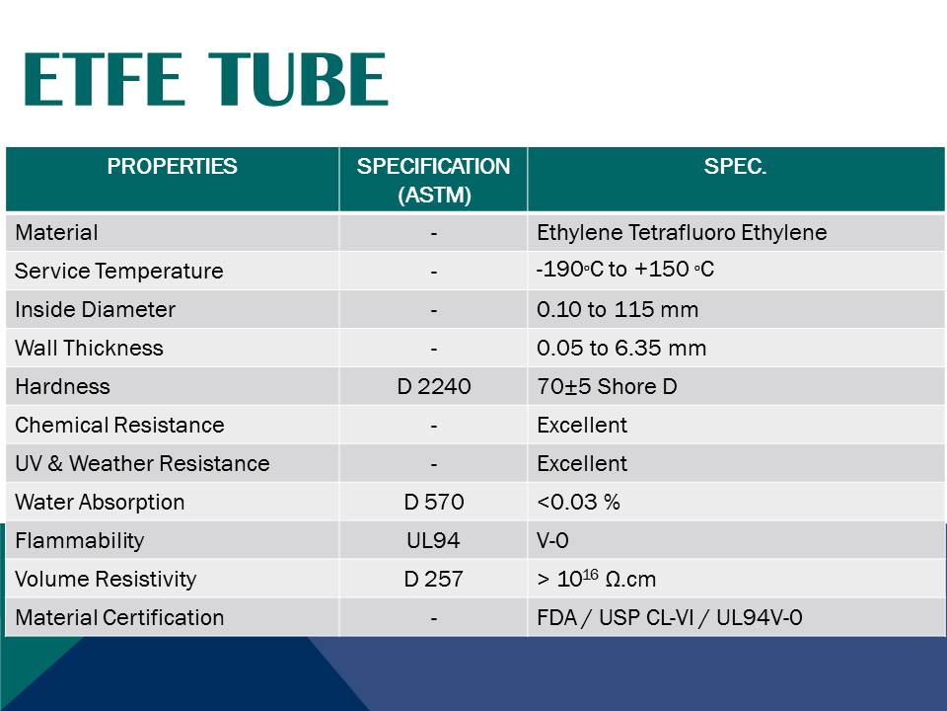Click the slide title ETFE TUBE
pos(205,80)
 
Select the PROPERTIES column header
pos(172,166)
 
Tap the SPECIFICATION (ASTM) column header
pos(433,180)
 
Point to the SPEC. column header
pos(735,166)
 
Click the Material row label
pos(56,233)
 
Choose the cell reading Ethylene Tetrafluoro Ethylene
pos(682,233)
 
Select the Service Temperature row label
pos(118,271)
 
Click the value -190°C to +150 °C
pos(625,269)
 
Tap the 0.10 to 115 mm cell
pos(618,309)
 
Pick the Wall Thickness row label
pos(89,348)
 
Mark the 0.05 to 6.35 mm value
pos(621,348)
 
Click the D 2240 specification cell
pos(433,386)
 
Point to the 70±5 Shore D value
pos(607,386)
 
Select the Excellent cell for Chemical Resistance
pos(582,425)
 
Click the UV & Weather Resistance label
pos(142,463)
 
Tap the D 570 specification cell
pos(433,502)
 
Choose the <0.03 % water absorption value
pos(578,502)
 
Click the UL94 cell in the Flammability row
pos(433,540)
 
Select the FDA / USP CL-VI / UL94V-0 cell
pos(670,617)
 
